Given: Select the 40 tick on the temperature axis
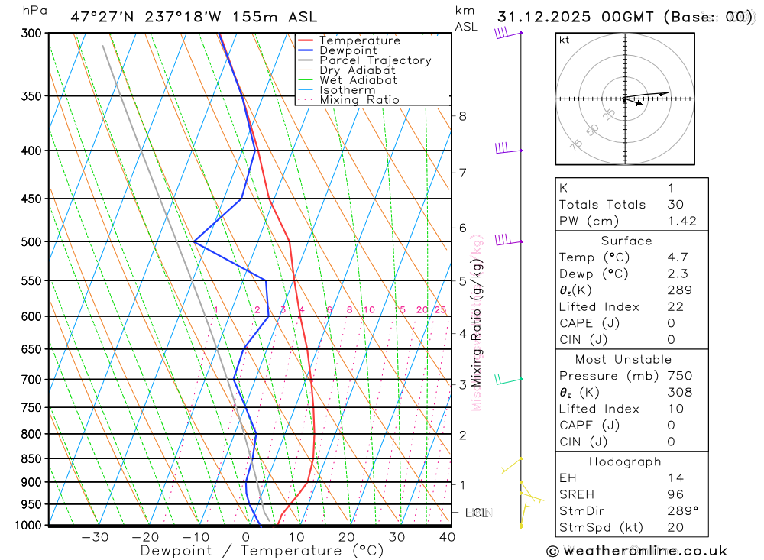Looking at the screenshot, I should pyautogui.click(x=448, y=537).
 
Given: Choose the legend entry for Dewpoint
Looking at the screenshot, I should pyautogui.click(x=348, y=50).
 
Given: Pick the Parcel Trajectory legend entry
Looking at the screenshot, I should pyautogui.click(x=375, y=60).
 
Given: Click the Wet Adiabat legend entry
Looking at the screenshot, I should pyautogui.click(x=358, y=80).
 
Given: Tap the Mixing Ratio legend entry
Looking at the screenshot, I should pyautogui.click(x=359, y=100).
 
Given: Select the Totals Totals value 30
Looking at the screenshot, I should pyautogui.click(x=675, y=204).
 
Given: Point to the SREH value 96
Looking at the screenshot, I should pyautogui.click(x=675, y=494).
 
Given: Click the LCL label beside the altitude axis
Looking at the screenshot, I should pyautogui.click(x=477, y=513).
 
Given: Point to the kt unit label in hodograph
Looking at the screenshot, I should pyautogui.click(x=565, y=40).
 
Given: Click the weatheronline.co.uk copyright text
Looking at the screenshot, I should pyautogui.click(x=636, y=551).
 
